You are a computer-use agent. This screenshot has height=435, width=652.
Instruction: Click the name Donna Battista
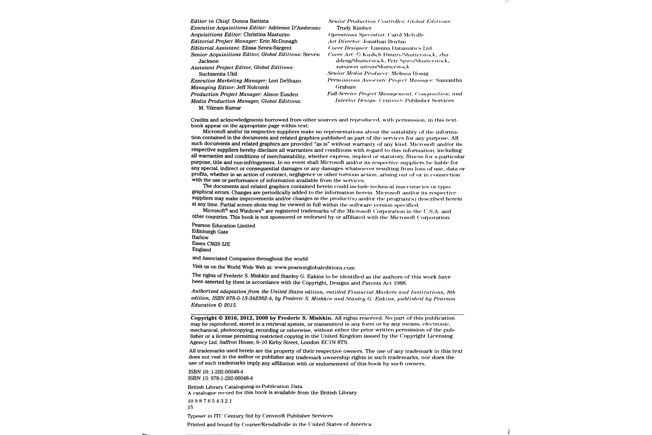(250, 21)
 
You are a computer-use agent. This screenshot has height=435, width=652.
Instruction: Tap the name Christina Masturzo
(266, 34)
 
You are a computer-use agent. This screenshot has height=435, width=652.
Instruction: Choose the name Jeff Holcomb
(252, 87)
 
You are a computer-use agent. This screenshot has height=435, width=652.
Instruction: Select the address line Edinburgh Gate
(210, 232)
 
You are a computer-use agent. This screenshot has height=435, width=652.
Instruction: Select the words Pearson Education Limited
(223, 225)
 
